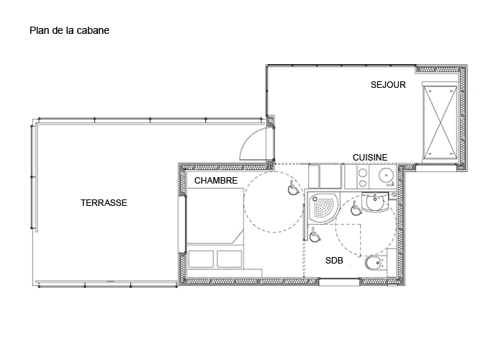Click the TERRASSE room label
click(104, 203)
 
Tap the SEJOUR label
click(388, 85)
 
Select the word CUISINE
click(370, 158)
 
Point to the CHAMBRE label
click(216, 181)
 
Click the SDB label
click(334, 261)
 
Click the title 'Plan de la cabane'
click(69, 30)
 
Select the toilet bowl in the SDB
click(373, 264)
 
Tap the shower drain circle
click(315, 199)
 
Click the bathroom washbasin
click(375, 203)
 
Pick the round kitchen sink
click(386, 176)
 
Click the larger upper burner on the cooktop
click(363, 174)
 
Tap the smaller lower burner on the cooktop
click(362, 184)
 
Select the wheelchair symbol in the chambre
click(292, 188)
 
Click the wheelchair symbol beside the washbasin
click(355, 208)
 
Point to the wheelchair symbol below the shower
click(315, 235)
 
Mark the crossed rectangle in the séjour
click(440, 120)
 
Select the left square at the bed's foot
click(201, 259)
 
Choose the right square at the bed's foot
click(229, 259)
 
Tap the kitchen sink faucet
click(391, 184)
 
